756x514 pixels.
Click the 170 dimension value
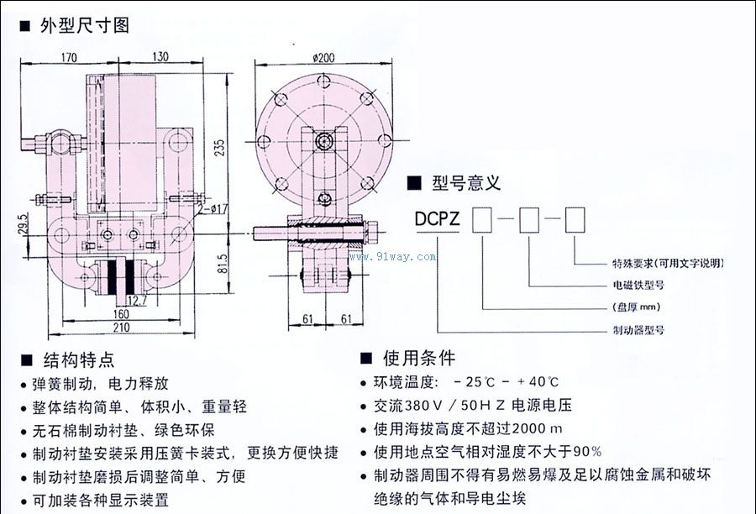coord(69,58)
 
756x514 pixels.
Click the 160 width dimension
coord(118,315)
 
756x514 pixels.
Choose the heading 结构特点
coord(78,359)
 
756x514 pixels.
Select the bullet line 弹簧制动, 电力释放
coord(101,384)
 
